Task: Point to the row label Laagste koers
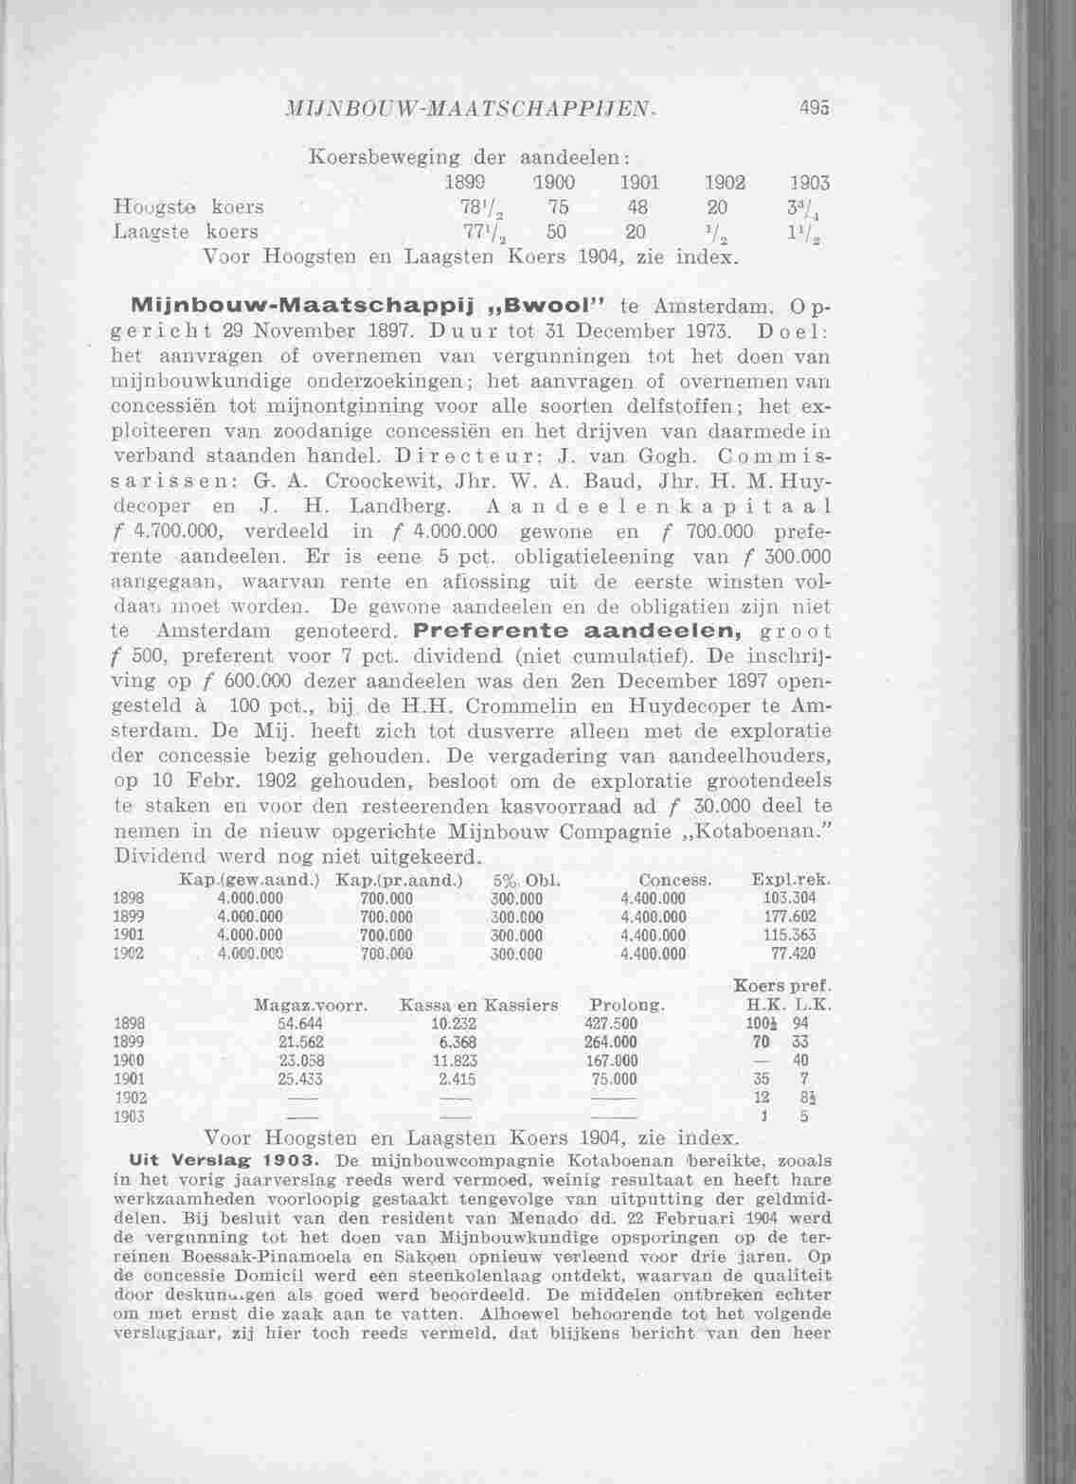pyautogui.click(x=185, y=231)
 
